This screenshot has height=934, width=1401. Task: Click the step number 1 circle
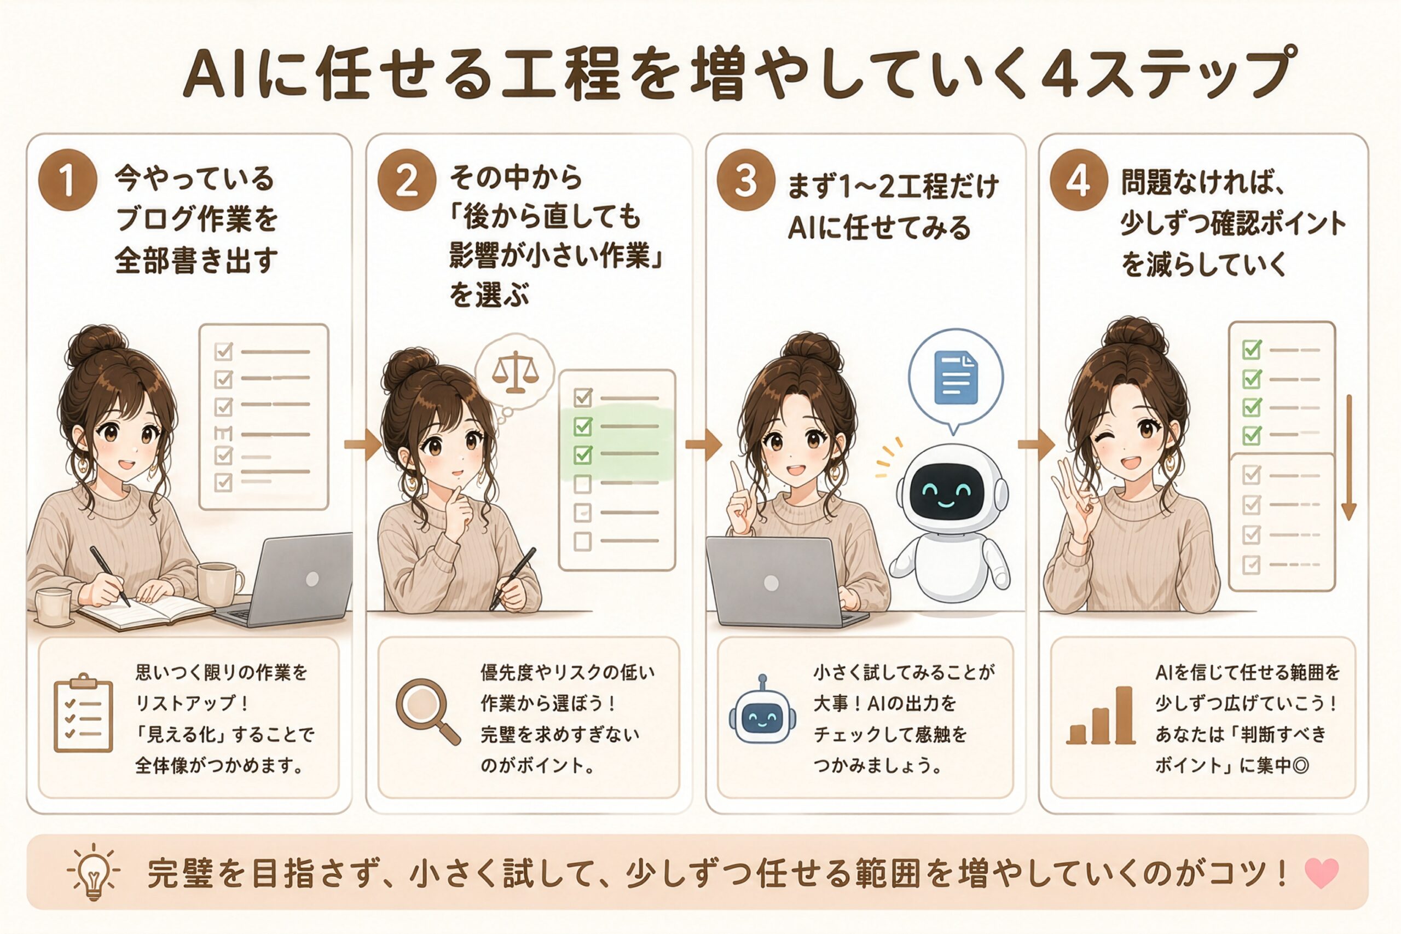[67, 180]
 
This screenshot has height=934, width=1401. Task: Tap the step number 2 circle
[407, 180]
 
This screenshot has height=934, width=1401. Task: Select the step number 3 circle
[745, 180]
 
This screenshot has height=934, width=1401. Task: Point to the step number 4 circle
[1078, 180]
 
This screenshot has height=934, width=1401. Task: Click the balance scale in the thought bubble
[515, 372]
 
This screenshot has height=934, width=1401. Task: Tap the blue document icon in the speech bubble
[956, 378]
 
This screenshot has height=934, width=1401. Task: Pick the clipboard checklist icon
[83, 713]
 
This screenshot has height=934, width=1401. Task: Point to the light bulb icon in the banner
[94, 871]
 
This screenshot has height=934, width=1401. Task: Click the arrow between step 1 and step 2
[363, 444]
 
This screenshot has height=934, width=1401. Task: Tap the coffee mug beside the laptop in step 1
[219, 584]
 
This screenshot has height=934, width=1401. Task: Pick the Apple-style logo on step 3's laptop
[771, 583]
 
